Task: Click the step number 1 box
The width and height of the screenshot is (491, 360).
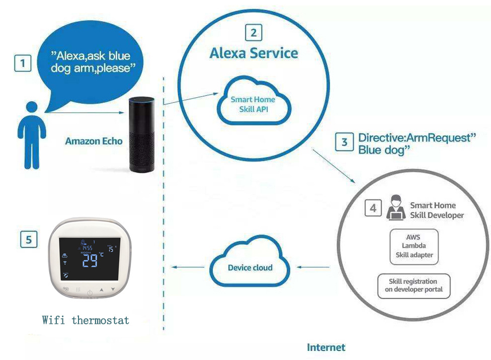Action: click(x=22, y=64)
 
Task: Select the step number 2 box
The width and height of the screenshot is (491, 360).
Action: click(x=254, y=33)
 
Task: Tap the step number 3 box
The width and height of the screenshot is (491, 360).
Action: click(x=345, y=142)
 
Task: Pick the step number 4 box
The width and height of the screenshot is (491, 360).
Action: click(x=373, y=208)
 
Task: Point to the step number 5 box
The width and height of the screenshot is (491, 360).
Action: click(x=29, y=240)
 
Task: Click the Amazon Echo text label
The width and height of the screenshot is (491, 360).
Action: click(x=94, y=141)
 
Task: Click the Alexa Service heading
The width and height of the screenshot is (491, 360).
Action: click(x=254, y=53)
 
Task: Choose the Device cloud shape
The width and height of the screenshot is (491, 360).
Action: click(x=250, y=267)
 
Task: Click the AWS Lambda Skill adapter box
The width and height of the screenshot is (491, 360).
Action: click(x=414, y=246)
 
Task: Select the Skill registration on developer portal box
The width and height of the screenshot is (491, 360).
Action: click(x=414, y=285)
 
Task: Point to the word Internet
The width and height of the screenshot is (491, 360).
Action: click(x=326, y=347)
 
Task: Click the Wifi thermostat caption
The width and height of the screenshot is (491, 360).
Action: click(x=86, y=320)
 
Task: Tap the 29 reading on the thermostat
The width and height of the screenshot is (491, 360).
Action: click(x=91, y=261)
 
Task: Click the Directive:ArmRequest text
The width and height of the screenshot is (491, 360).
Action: click(x=416, y=138)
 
